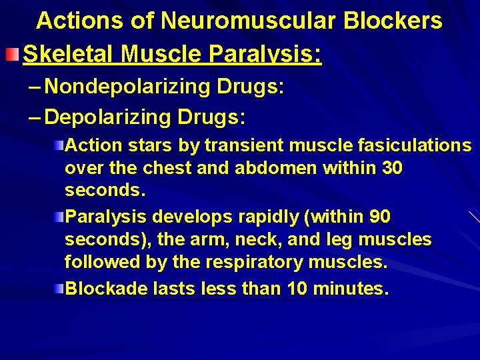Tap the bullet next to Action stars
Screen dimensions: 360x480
pos(59,145)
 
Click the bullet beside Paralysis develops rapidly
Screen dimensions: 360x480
pos(59,217)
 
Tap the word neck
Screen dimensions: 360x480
pos(239,239)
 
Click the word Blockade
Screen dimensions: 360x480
pos(107,289)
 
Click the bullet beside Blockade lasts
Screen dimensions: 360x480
pos(59,289)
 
